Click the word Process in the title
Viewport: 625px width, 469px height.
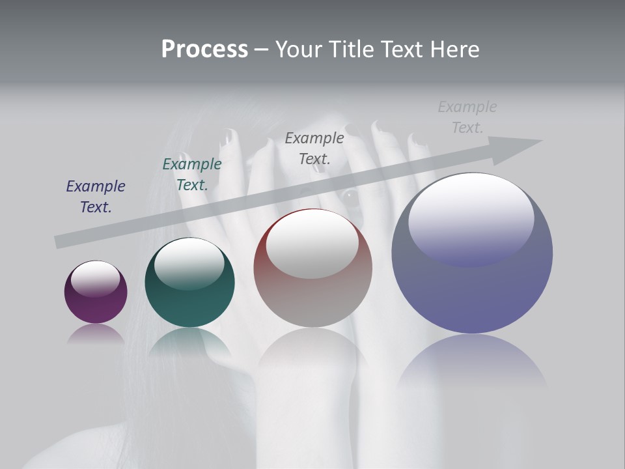coord(204,50)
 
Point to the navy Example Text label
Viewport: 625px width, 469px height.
coord(96,197)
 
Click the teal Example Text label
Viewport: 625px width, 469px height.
coord(192,175)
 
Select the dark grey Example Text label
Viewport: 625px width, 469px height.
coord(314,148)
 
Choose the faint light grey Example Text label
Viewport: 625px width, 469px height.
coord(467,117)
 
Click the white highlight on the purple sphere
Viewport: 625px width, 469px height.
coord(95,278)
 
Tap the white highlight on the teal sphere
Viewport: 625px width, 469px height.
coord(189,263)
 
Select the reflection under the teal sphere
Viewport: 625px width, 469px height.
coord(189,344)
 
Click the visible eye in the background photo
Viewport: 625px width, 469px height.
coord(350,196)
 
